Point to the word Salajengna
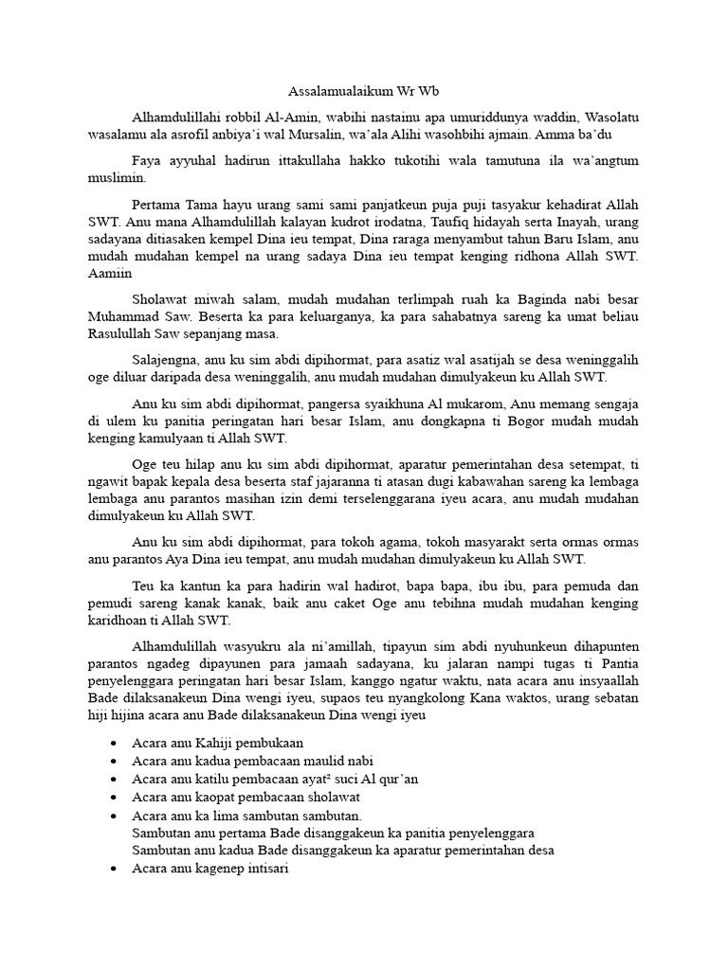pyautogui.click(x=166, y=358)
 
